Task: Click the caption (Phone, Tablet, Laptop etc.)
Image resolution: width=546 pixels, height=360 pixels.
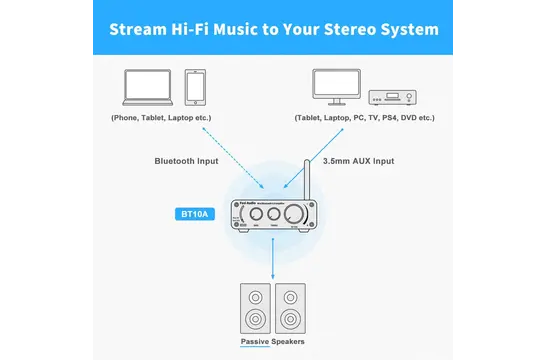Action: [160, 118]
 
